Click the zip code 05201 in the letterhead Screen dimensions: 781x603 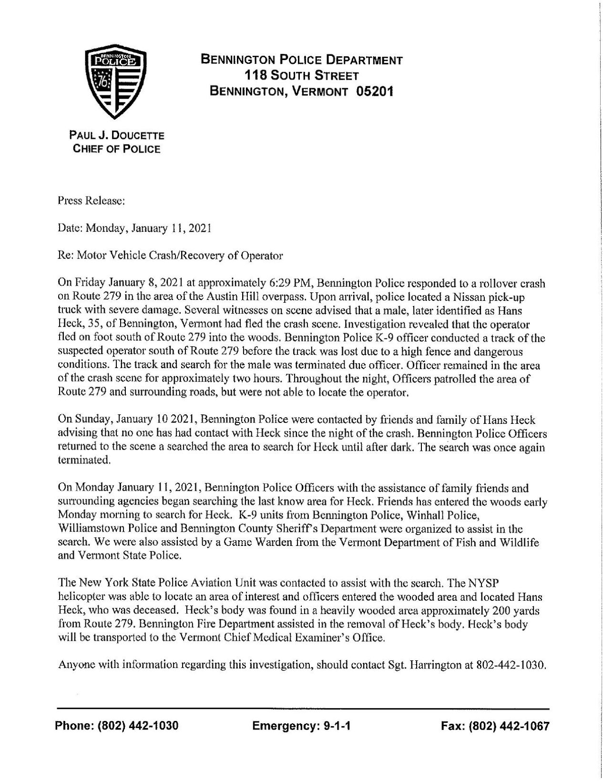(x=375, y=91)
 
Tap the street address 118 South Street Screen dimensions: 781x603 (x=301, y=75)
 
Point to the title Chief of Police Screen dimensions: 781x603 (x=116, y=149)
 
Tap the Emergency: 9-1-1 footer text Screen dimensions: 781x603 (x=302, y=726)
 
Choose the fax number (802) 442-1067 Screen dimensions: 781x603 (x=509, y=726)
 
